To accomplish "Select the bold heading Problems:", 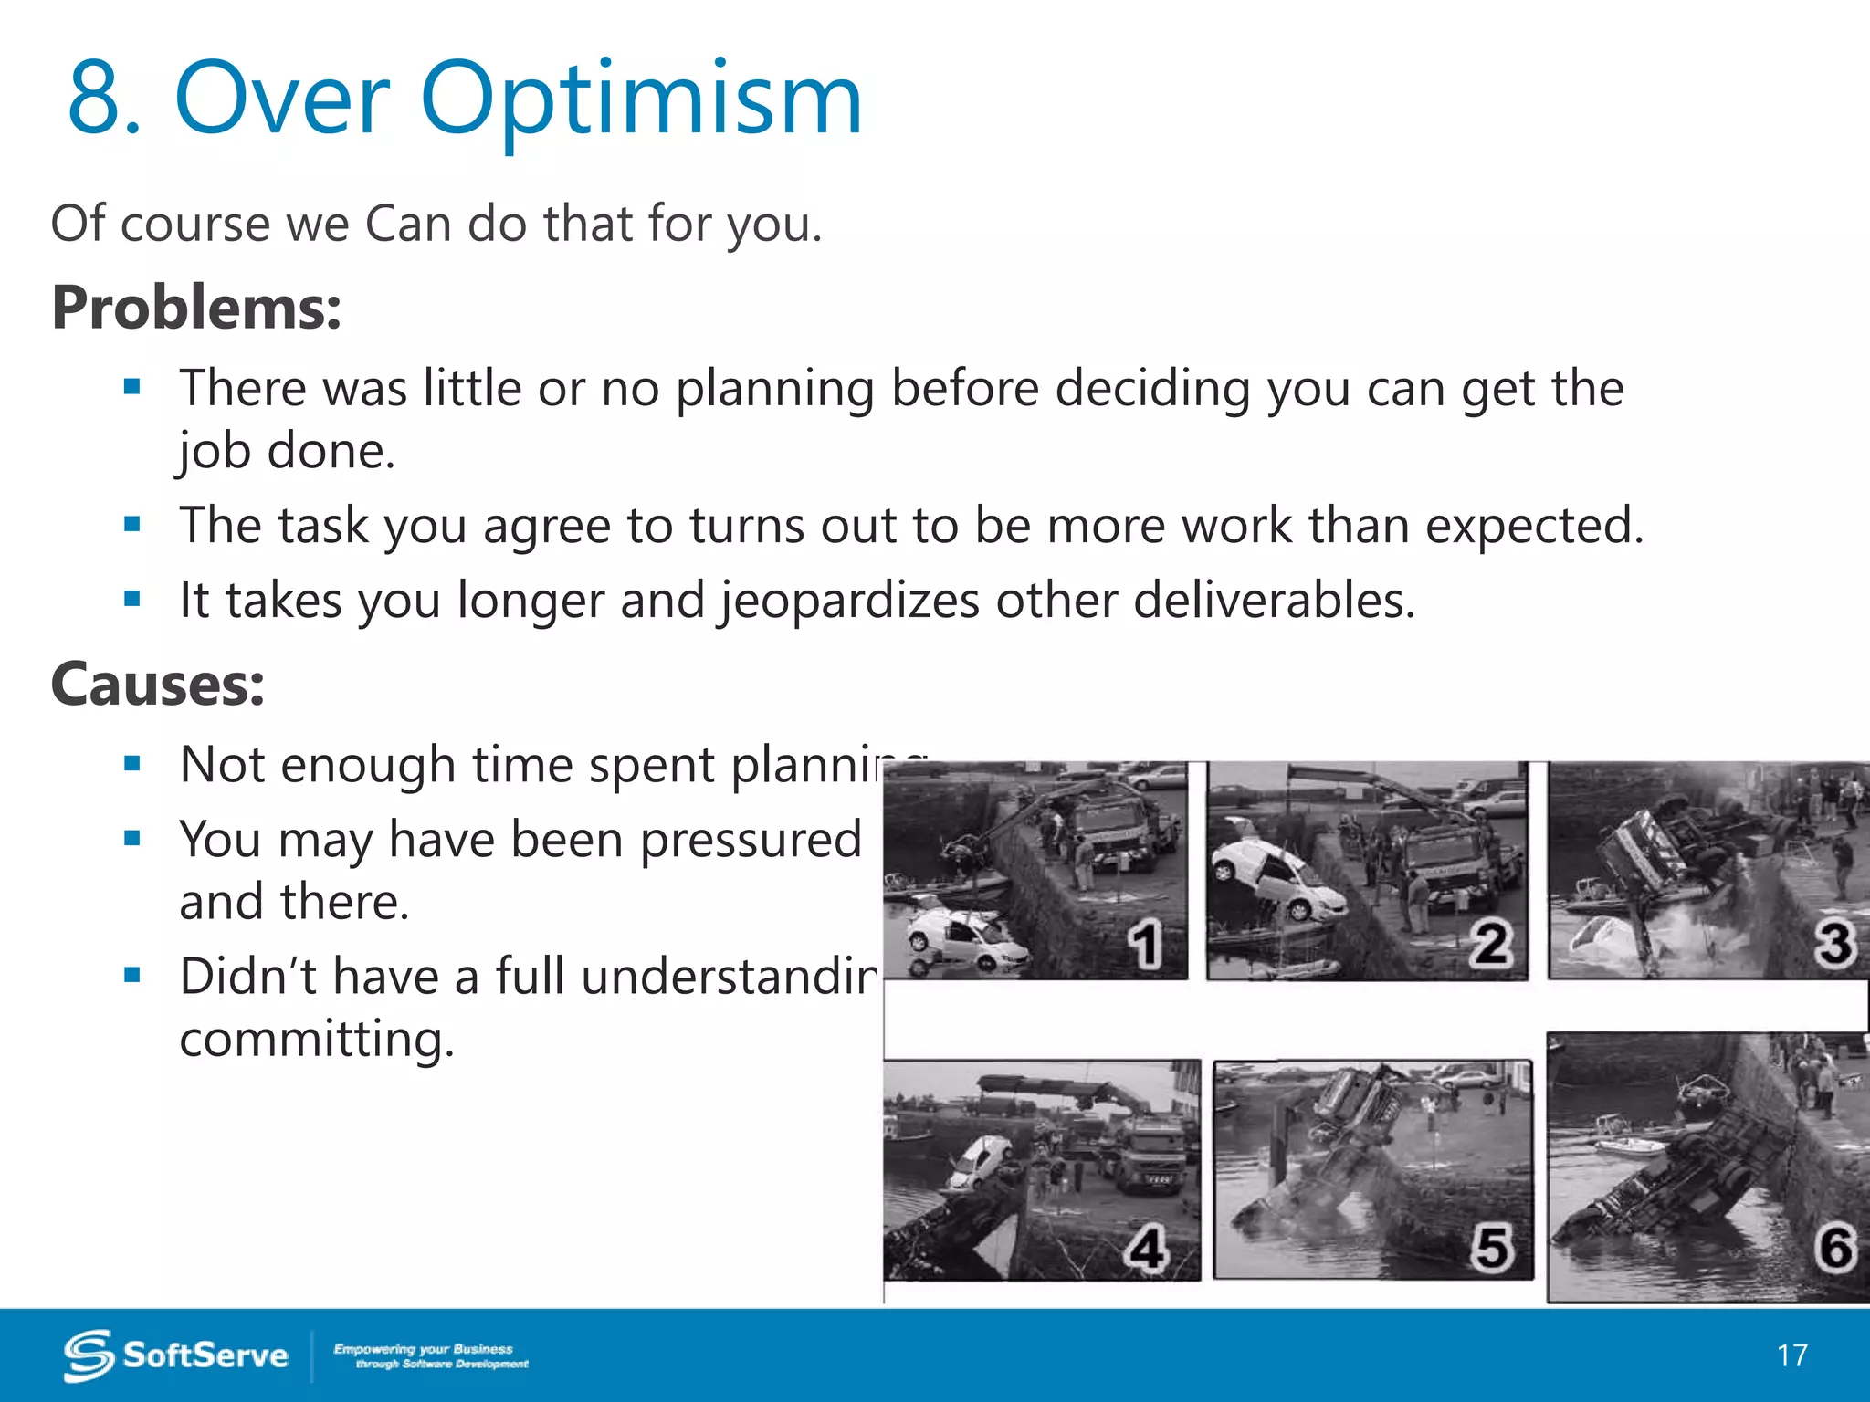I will [196, 308].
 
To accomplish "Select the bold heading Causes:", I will [158, 684].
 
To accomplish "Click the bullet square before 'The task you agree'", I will [133, 525].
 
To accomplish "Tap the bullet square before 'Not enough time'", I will [133, 764].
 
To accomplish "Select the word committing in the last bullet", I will [315, 1040].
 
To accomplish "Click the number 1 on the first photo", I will [1144, 945].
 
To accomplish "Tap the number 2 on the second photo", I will [1490, 945].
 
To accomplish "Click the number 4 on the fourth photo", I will [1146, 1249].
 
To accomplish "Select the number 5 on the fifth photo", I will [1491, 1249].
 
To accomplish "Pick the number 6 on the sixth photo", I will [1835, 1249].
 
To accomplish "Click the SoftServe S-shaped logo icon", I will [89, 1355].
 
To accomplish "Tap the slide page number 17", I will [1791, 1355].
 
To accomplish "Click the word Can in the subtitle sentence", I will [408, 224].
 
